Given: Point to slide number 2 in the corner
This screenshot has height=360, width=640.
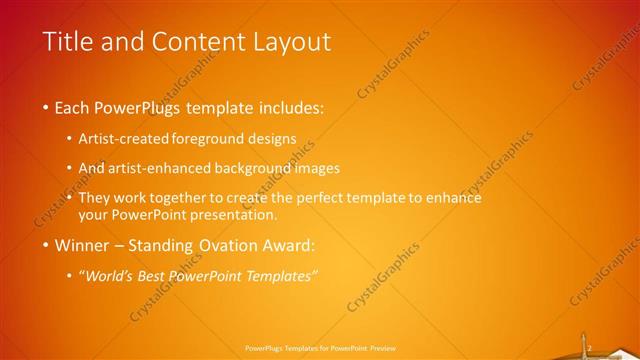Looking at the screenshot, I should click(591, 348).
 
